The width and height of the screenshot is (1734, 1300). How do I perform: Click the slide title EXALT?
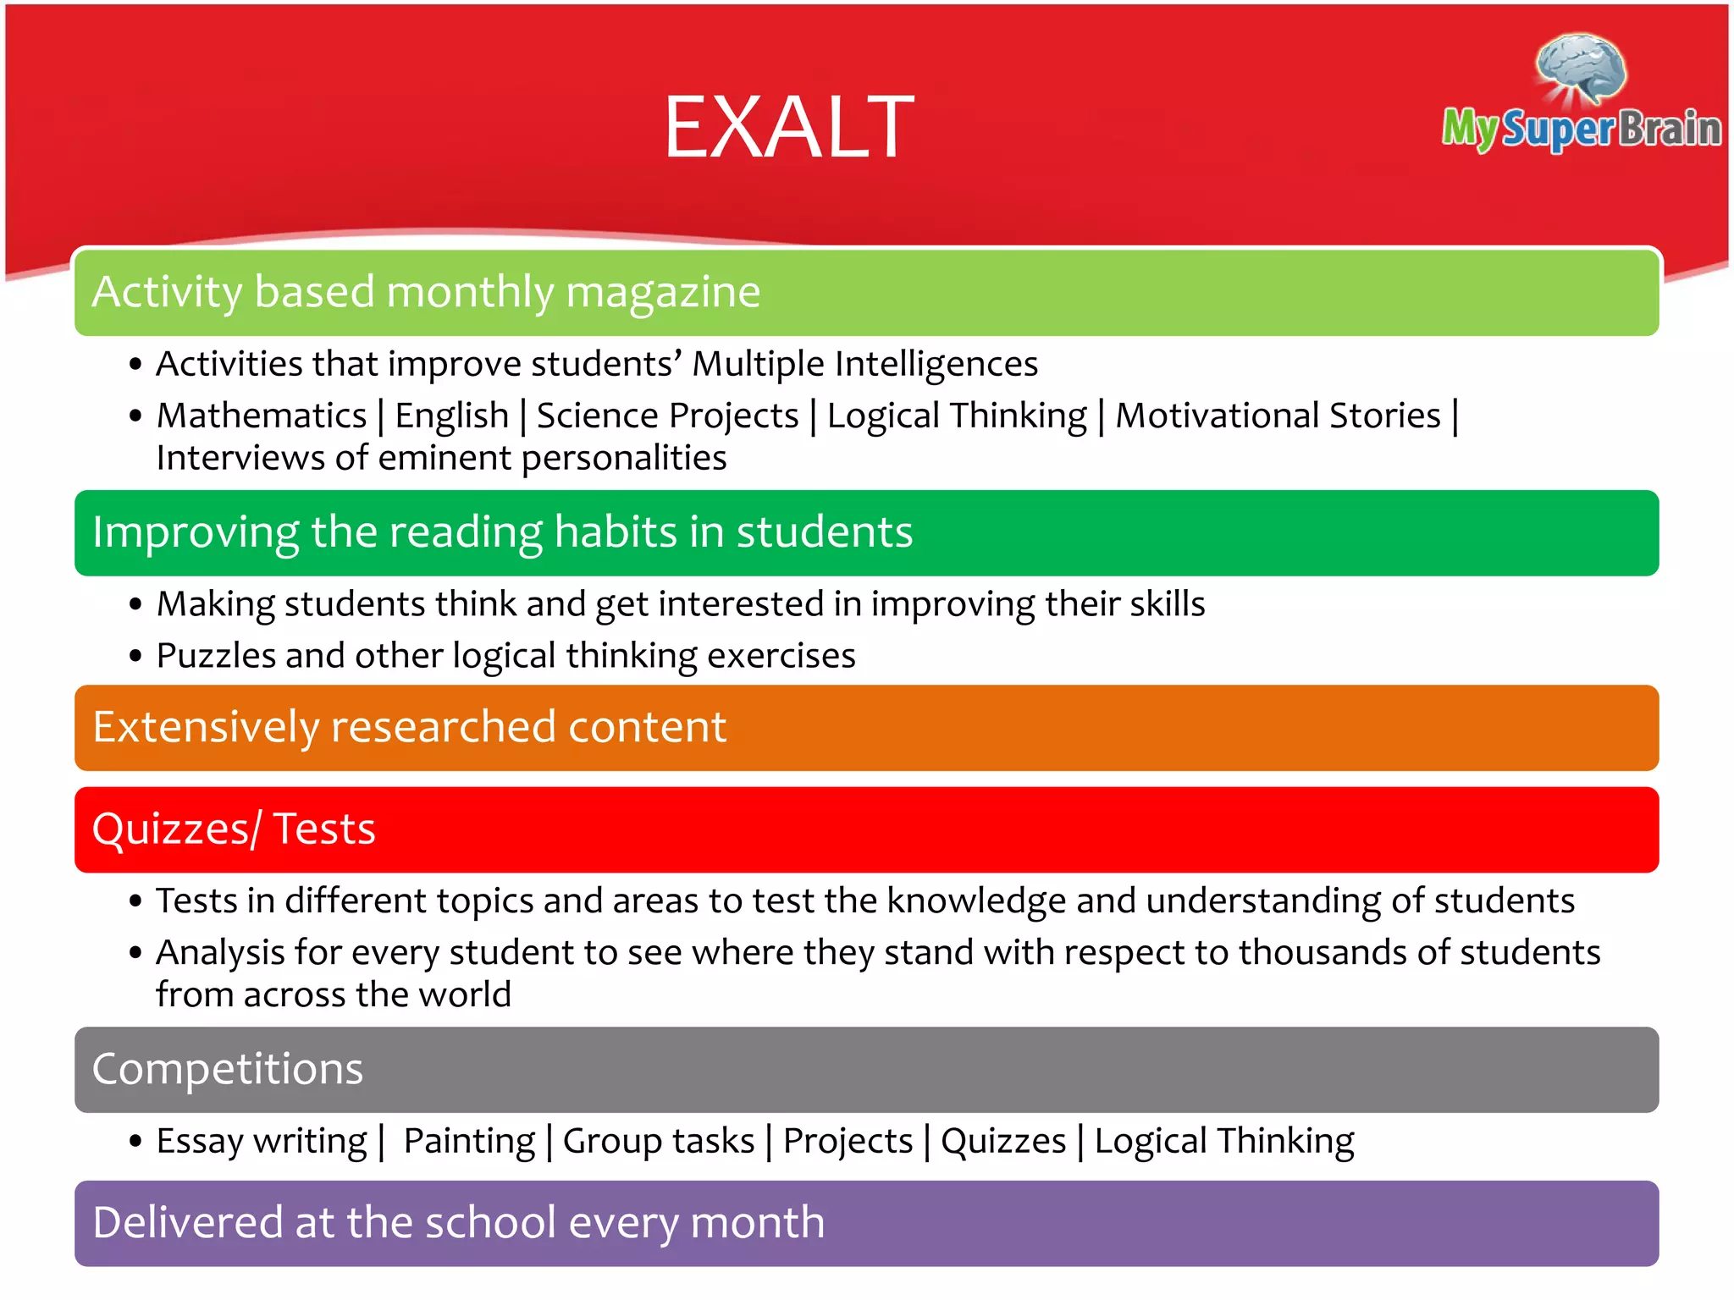click(788, 128)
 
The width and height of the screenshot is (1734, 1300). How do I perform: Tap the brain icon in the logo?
click(1581, 69)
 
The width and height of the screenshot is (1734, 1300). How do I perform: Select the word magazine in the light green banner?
click(662, 293)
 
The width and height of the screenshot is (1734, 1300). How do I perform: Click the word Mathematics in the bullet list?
click(262, 416)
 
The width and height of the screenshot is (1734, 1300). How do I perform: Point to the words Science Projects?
click(667, 416)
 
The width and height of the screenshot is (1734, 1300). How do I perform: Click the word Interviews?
click(240, 458)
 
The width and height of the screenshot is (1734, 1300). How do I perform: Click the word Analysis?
click(220, 953)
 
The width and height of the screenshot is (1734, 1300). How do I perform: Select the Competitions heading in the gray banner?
click(227, 1069)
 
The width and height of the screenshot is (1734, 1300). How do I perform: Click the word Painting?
click(469, 1141)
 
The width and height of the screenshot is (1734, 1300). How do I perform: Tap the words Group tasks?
click(658, 1141)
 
